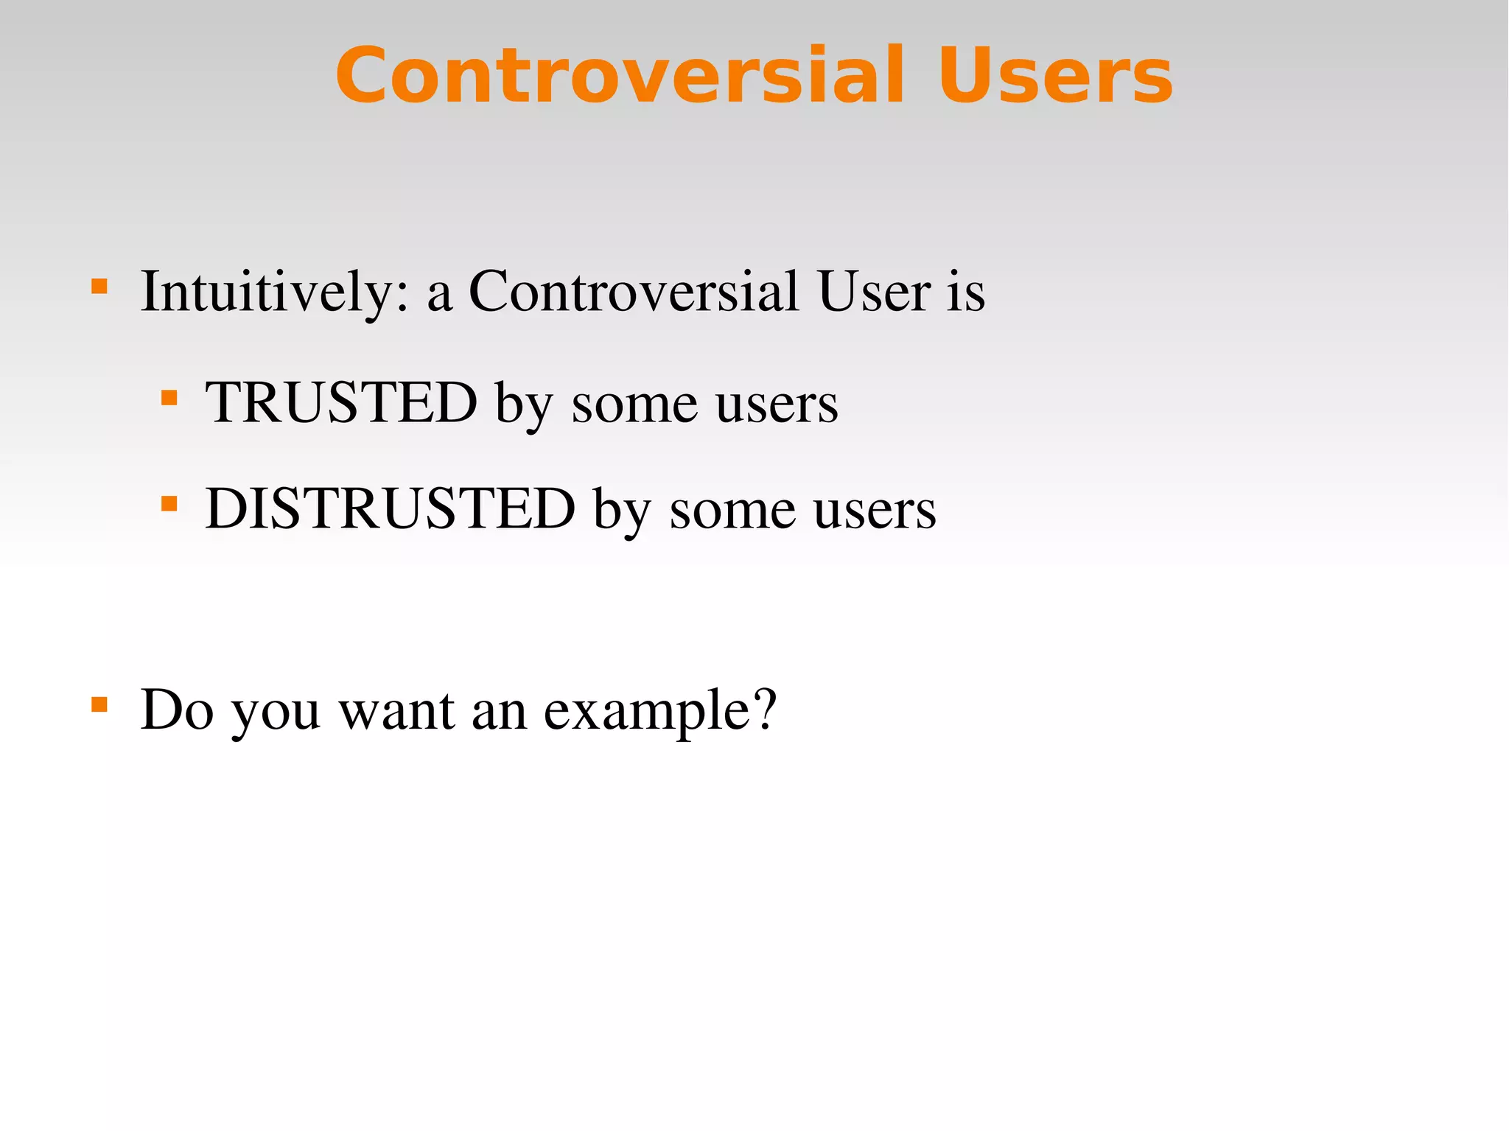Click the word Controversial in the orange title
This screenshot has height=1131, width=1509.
620,75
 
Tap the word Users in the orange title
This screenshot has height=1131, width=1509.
1055,75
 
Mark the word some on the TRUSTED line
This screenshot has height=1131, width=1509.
634,404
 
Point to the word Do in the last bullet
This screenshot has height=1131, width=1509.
177,710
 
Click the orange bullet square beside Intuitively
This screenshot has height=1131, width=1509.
99,286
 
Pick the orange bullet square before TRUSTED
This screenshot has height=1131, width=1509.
169,398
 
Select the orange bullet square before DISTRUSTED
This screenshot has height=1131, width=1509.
169,504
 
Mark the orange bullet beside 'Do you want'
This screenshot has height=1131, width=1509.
99,704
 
